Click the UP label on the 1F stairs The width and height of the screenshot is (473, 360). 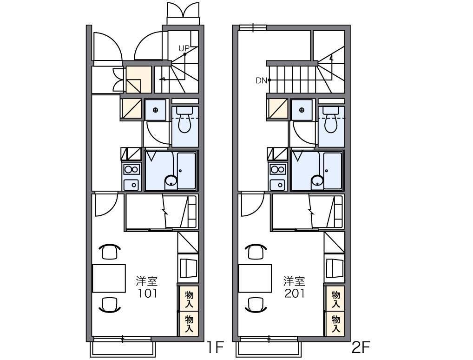click(x=184, y=48)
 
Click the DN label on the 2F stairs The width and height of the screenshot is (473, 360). click(x=261, y=80)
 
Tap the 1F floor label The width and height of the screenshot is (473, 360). click(x=215, y=347)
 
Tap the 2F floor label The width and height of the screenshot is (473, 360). click(x=361, y=347)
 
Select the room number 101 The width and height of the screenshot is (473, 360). click(x=147, y=293)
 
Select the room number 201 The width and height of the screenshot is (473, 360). click(x=295, y=293)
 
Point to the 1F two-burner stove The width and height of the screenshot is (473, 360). click(x=131, y=169)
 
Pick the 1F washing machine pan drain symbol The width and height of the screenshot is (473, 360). click(x=155, y=110)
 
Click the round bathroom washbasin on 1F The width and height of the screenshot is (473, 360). click(x=171, y=181)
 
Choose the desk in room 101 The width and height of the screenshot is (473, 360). click(x=109, y=279)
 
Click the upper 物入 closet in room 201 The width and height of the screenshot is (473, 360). click(x=335, y=299)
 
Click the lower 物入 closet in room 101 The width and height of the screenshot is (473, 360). click(x=189, y=324)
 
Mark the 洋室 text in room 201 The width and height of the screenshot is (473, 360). click(x=295, y=281)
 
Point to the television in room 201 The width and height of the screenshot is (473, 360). click(x=335, y=268)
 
